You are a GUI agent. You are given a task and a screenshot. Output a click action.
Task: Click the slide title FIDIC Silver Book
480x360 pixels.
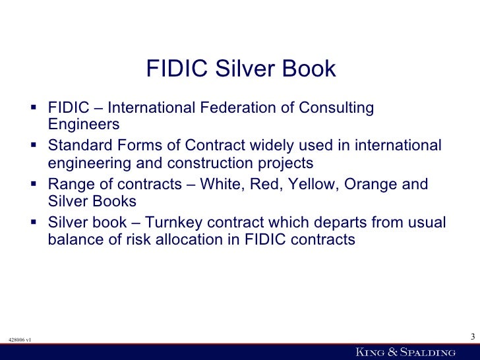pos(241,69)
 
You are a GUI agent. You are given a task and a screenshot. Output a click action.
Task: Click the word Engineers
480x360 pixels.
pos(84,124)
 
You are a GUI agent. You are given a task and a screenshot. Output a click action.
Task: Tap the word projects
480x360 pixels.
pos(287,163)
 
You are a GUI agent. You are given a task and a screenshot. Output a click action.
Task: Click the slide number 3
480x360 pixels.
pos(472,338)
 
